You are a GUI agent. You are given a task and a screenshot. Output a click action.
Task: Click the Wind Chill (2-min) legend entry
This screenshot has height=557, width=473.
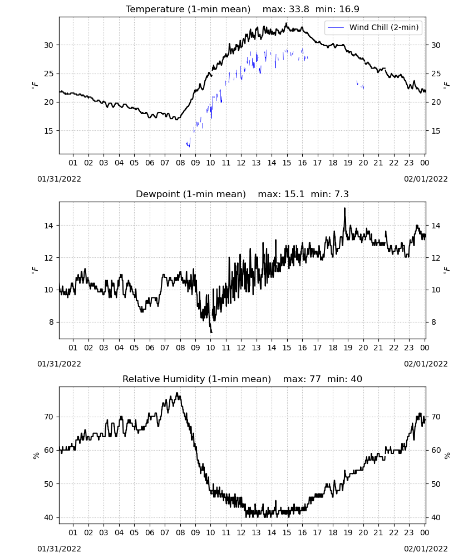click(373, 27)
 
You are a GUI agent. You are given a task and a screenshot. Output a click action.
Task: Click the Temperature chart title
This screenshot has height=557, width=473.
click(188, 9)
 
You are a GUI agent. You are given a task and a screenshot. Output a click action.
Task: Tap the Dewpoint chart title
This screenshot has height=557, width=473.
click(191, 194)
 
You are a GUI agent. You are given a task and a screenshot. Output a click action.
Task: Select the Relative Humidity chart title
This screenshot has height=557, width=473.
click(196, 379)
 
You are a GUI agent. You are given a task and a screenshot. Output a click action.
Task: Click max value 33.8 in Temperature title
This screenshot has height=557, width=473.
click(299, 9)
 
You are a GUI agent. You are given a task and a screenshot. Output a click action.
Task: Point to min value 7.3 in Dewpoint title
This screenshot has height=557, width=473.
click(341, 194)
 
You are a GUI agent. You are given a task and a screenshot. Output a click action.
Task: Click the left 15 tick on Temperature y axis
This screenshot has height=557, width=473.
click(48, 131)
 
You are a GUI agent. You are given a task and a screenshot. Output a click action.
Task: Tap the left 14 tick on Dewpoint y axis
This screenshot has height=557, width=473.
click(48, 226)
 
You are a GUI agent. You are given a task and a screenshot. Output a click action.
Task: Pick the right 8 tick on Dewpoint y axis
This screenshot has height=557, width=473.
click(433, 322)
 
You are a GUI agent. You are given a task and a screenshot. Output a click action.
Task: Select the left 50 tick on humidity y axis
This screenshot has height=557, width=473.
click(48, 484)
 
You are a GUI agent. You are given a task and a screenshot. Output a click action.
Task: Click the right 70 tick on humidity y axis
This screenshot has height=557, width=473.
click(436, 417)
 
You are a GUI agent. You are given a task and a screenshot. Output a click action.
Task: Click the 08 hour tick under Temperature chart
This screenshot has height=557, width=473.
click(180, 163)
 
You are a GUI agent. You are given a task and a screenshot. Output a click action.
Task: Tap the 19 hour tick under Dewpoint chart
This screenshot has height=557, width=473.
click(348, 348)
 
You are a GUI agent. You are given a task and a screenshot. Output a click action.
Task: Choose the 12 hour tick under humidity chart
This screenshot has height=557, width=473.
click(242, 532)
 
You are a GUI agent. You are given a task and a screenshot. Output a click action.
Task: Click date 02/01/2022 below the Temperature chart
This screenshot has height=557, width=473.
click(426, 179)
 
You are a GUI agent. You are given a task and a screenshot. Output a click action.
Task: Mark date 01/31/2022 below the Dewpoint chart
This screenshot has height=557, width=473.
click(59, 364)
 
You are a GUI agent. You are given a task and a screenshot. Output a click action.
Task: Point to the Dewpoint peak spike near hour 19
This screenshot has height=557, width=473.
click(344, 208)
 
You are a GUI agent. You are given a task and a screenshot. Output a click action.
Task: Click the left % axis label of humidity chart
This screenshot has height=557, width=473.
click(36, 456)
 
